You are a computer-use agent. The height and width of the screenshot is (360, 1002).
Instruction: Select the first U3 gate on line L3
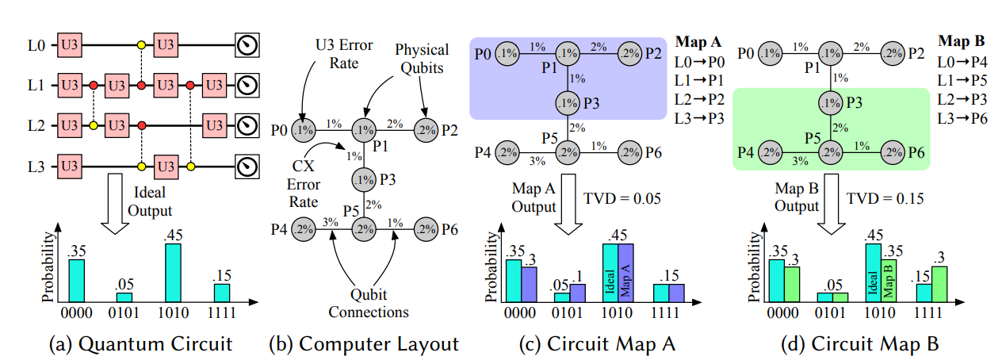(x=68, y=167)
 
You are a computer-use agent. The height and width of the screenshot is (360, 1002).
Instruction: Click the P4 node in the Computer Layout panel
(x=303, y=230)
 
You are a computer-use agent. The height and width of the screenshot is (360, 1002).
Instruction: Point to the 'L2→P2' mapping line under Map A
(x=698, y=98)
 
